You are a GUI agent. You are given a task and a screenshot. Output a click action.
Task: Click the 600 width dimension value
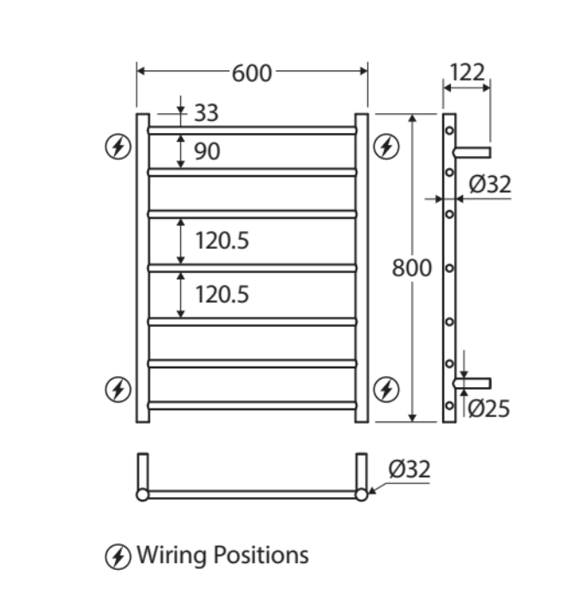252,74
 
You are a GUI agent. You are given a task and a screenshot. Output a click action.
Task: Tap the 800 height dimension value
411,268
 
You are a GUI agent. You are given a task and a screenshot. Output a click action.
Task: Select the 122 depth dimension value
467,72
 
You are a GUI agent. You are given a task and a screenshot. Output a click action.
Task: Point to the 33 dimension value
205,112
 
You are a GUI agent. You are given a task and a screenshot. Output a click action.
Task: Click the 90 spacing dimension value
207,152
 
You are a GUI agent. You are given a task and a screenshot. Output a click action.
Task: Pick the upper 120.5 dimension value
222,241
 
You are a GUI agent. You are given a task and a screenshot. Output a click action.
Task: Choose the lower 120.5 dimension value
222,294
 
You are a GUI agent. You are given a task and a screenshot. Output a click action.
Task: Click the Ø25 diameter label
489,409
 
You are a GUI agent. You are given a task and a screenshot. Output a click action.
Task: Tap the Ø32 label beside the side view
490,184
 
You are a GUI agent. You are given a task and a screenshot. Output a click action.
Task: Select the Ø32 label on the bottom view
409,469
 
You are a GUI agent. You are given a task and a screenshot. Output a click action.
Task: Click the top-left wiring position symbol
118,147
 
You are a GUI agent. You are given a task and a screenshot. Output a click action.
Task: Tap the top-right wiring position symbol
387,147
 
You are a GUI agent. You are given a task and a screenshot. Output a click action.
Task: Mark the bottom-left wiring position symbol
118,390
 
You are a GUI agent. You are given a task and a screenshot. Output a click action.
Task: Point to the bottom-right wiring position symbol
387,390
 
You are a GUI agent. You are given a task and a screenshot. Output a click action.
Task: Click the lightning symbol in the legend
118,555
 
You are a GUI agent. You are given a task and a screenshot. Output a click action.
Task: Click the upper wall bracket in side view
473,153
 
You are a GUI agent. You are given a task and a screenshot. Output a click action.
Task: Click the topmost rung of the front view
252,130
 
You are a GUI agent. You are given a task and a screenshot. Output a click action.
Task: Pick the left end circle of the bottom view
143,494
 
